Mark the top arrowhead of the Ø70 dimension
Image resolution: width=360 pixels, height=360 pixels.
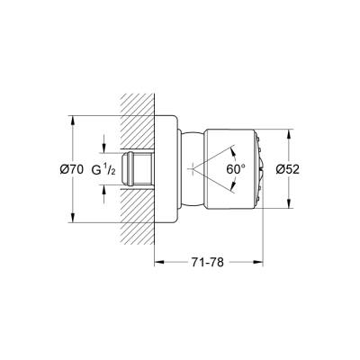point(69,117)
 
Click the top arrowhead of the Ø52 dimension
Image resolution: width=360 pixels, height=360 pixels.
point(289,131)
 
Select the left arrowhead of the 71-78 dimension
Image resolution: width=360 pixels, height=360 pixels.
point(158,264)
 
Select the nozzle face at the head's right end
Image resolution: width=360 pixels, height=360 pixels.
point(260,168)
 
